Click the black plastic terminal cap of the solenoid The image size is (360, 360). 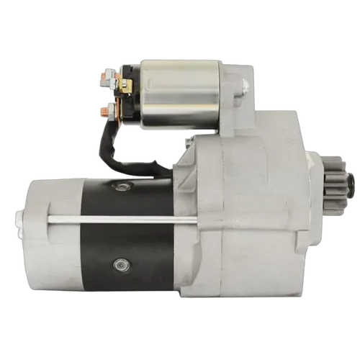132,97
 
